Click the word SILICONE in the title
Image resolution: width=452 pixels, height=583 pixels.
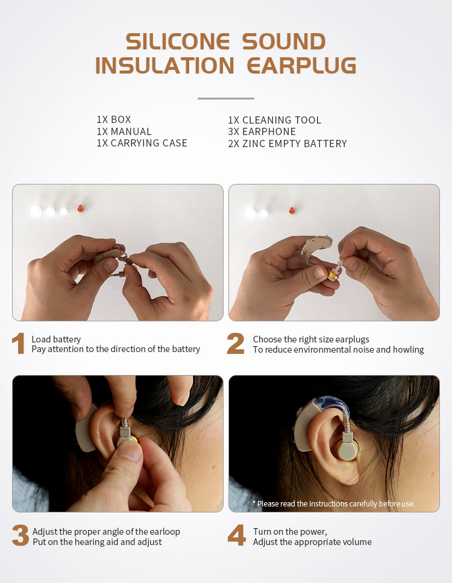point(178,42)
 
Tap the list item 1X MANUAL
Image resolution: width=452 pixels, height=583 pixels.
point(124,131)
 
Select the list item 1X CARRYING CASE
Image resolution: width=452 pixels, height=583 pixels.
point(142,143)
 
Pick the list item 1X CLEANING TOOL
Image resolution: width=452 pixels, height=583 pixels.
point(274,120)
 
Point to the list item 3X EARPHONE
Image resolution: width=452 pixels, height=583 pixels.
point(262,131)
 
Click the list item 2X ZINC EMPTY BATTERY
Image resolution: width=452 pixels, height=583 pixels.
point(287,143)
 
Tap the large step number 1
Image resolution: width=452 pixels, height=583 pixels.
point(19,344)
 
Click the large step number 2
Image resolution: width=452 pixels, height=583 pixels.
point(236,344)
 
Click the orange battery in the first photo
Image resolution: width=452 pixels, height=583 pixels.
point(80,209)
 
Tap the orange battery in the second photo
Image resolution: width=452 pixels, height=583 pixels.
point(292,211)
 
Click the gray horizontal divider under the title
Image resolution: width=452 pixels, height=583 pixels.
point(226,98)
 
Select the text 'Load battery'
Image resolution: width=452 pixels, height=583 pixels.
point(56,339)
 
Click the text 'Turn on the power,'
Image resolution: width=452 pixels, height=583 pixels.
point(290,532)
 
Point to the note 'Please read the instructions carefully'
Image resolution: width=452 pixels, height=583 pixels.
point(335,503)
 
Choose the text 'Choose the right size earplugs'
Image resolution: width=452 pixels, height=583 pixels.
point(311,339)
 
